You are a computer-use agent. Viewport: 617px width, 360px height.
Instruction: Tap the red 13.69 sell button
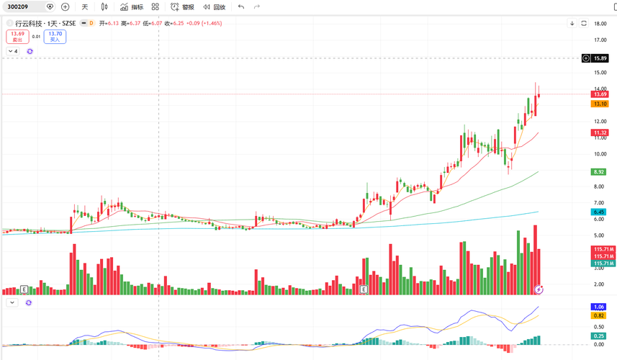tap(17, 36)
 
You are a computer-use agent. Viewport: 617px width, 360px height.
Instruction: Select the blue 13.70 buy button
tap(55, 36)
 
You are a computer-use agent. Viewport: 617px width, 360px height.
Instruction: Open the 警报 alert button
tap(182, 6)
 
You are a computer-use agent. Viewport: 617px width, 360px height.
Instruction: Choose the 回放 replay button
tap(214, 6)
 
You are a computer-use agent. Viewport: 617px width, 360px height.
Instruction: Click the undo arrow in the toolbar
tap(240, 6)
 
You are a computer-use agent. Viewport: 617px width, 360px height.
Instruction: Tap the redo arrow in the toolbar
tap(256, 6)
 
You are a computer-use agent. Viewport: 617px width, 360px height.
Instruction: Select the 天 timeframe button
tap(84, 6)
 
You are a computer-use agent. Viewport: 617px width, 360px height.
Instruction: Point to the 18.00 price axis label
tap(599, 24)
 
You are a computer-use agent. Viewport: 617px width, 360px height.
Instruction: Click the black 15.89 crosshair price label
tap(599, 58)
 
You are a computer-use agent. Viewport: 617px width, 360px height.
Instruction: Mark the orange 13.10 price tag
tap(599, 104)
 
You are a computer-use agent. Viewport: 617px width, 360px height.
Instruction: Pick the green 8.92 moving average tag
tap(598, 171)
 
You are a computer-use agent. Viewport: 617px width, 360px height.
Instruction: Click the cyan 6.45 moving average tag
tap(598, 212)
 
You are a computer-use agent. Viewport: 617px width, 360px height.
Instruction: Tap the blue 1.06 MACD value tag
tap(598, 307)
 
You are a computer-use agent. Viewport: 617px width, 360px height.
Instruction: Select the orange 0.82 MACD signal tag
tap(598, 315)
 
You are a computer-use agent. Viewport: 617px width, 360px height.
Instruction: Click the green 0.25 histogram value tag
tap(598, 336)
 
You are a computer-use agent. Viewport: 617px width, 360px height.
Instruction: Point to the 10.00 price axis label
tap(599, 153)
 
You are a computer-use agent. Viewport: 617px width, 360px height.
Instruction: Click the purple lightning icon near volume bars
tap(539, 289)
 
